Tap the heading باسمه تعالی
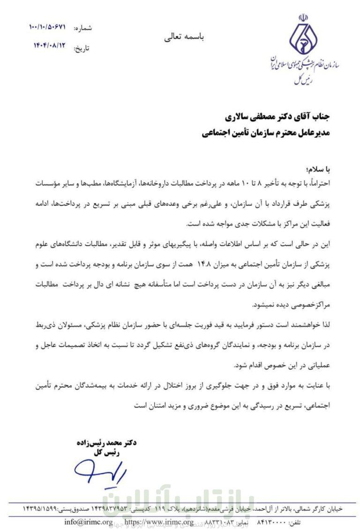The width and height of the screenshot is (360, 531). click(184, 37)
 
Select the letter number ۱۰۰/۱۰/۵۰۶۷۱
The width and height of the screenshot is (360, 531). click(47, 28)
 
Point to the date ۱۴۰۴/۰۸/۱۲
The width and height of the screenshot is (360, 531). click(47, 47)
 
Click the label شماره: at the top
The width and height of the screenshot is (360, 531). click(83, 28)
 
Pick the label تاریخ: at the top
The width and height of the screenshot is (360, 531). click(82, 48)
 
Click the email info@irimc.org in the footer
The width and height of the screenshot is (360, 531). click(89, 522)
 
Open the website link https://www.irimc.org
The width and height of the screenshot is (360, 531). click(159, 522)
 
